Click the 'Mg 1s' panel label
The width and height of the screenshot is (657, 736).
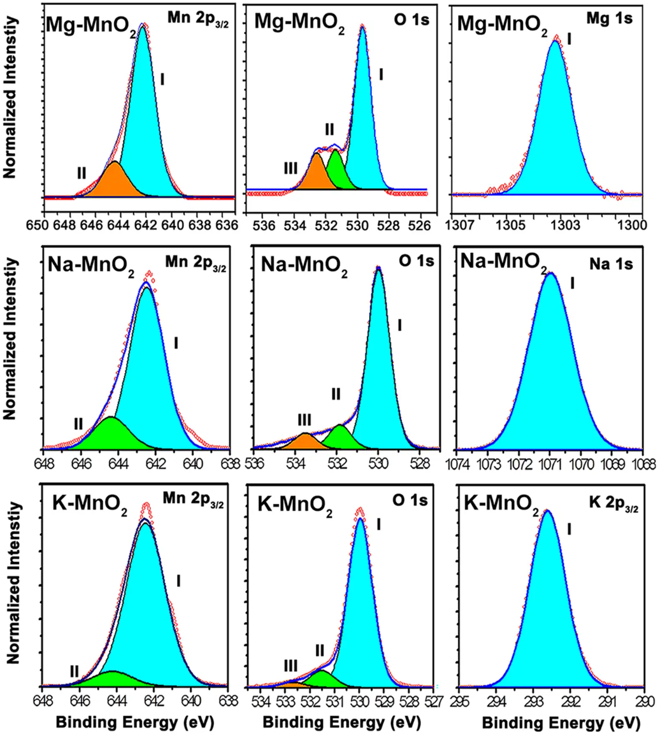point(609,18)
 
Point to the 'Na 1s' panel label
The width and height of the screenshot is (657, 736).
point(611,264)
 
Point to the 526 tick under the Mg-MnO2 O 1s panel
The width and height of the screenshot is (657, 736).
point(419,226)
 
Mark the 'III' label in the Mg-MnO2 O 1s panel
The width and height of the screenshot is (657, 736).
point(291,168)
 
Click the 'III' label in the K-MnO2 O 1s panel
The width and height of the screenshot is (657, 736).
point(291,665)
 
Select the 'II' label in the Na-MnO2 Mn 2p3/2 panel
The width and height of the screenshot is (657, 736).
point(78,424)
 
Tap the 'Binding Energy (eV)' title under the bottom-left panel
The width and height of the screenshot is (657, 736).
point(134,723)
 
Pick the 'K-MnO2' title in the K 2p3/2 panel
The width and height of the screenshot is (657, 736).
point(501,504)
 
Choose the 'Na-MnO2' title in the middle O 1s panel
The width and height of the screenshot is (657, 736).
point(304,266)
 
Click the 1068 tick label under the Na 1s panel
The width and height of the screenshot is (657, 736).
point(646,464)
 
